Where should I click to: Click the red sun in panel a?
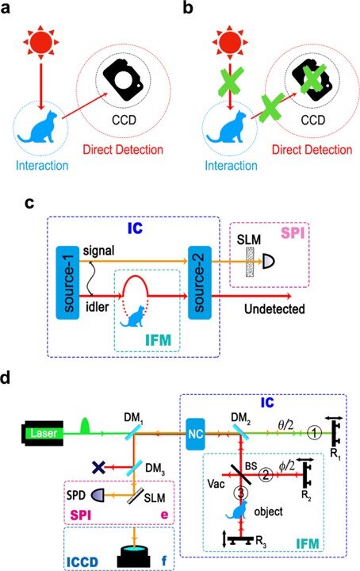coord(41,41)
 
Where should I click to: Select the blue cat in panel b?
coord(229,127)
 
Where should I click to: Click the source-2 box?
coord(200,282)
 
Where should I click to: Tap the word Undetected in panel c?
coord(274,308)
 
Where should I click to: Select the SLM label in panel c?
coord(249,240)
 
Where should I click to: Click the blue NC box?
coord(196,434)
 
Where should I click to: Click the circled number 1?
coord(315,433)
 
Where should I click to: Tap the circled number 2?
coord(266,474)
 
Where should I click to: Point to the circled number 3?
coord(241,493)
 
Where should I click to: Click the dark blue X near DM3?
coord(98,467)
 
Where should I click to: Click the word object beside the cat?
coord(269,512)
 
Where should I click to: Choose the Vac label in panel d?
coord(216,484)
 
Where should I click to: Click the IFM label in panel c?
coord(158,340)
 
